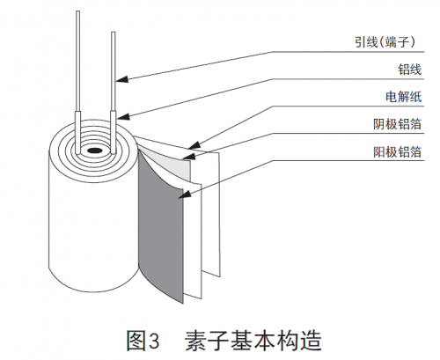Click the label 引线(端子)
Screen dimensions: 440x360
click(385, 42)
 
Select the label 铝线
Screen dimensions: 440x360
click(409, 70)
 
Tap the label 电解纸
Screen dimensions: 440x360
click(404, 97)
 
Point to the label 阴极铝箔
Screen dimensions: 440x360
click(398, 124)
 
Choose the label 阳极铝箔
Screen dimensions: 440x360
click(398, 151)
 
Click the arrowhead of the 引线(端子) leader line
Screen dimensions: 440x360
click(121, 79)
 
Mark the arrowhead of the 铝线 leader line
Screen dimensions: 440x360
click(122, 117)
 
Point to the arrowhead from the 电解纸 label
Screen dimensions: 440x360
click(194, 145)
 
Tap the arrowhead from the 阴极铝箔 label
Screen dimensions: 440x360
click(189, 156)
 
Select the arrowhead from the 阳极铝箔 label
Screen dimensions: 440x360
click(185, 194)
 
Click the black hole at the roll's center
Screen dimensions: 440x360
click(94, 151)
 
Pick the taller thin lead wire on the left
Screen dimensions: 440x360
click(77, 61)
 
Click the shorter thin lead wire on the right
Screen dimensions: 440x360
click(114, 71)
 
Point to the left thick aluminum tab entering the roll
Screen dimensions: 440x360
click(77, 132)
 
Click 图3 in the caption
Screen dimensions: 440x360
click(143, 341)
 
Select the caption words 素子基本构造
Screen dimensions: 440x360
click(253, 341)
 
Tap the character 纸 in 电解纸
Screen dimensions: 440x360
click(415, 97)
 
